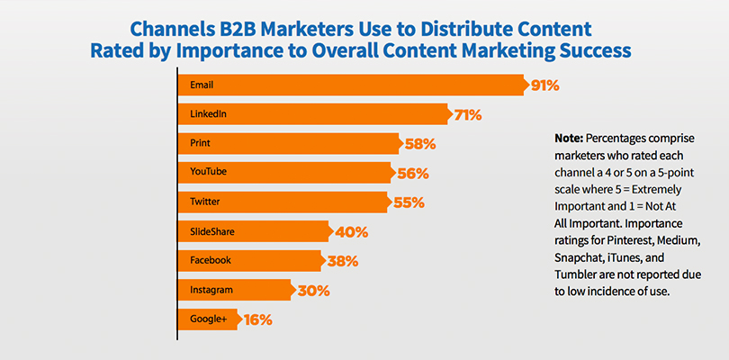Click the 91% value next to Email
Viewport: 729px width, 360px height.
tap(544, 86)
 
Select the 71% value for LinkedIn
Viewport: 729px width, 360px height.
tap(468, 115)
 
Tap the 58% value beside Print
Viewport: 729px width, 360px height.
tap(418, 144)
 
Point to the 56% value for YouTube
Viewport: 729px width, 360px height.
tap(411, 174)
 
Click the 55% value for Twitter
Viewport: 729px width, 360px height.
tap(408, 202)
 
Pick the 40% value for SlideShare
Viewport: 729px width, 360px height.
tap(350, 232)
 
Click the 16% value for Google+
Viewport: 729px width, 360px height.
tap(256, 319)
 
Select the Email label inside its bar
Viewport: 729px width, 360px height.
tap(201, 85)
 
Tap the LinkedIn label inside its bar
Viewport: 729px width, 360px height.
tap(208, 114)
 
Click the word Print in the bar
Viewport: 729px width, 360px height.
tap(200, 143)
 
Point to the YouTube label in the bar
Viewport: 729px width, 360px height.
tap(208, 173)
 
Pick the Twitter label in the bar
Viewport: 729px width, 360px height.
tap(205, 202)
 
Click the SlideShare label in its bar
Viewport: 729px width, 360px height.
tap(213, 231)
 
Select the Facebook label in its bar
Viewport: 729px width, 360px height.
tap(211, 260)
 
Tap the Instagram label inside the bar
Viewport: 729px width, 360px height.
tap(212, 290)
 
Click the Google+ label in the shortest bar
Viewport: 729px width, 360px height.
tap(209, 319)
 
